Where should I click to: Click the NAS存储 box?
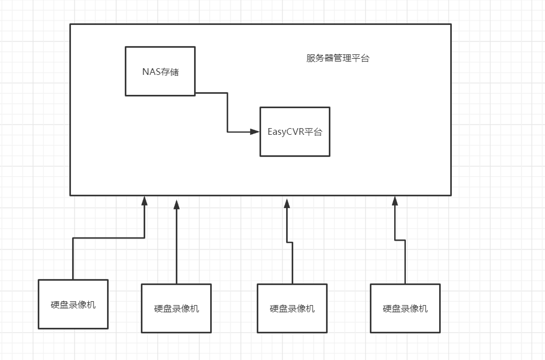[x=160, y=71]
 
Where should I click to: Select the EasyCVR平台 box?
[x=295, y=131]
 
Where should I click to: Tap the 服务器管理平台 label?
[x=338, y=58]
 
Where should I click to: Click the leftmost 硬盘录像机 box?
[x=73, y=304]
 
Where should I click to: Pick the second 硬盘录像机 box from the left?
[x=176, y=308]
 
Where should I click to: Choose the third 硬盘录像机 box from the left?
[x=292, y=308]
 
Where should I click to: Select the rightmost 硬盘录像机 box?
[x=405, y=308]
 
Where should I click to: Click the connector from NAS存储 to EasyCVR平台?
[x=227, y=111]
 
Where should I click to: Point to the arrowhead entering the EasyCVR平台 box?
[x=255, y=131]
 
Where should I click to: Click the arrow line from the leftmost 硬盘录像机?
[x=108, y=238]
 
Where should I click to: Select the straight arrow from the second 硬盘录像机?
[x=176, y=244]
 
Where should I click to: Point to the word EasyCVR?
[x=284, y=132]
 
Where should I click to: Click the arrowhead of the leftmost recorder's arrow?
[x=144, y=201]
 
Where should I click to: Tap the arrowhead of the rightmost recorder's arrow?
[x=395, y=201]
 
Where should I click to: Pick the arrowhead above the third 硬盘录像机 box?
[x=287, y=204]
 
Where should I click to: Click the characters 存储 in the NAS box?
[x=170, y=72]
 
